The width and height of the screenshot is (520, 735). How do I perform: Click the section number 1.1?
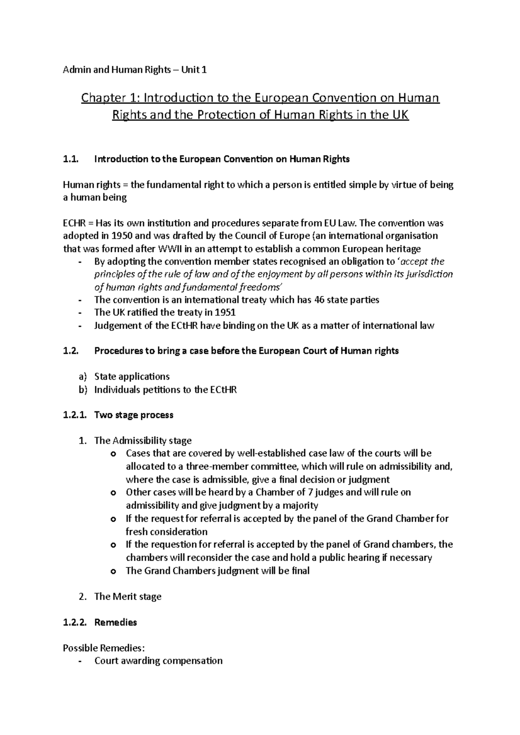click(71, 159)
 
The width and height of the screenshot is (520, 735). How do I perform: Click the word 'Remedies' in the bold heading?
click(115, 622)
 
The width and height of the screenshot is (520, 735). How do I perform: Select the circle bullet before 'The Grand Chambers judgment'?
click(114, 571)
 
